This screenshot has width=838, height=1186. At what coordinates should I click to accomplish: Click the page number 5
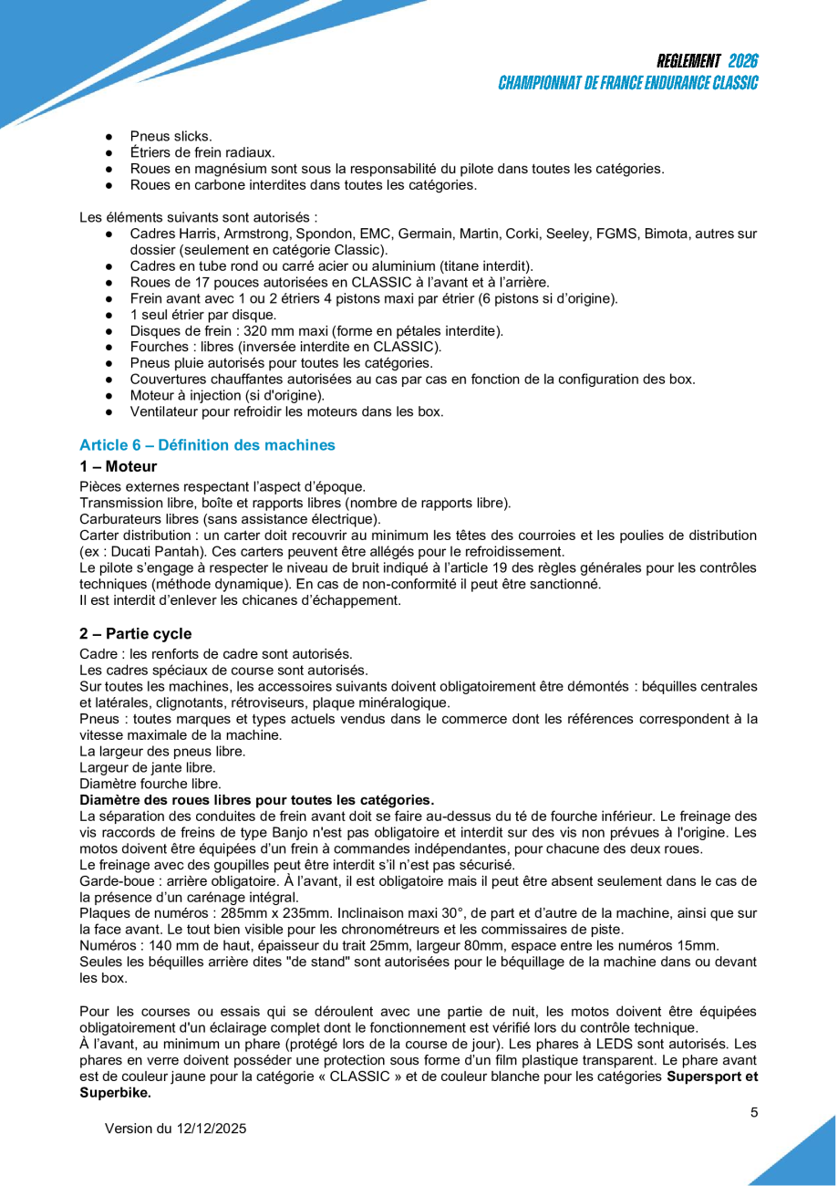754,1112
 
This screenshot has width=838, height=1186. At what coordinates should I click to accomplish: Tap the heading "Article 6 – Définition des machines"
207,445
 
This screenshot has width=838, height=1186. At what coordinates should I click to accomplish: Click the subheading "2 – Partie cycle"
135,633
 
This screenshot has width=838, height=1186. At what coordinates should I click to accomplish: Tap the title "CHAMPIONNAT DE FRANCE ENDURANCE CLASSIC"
628,83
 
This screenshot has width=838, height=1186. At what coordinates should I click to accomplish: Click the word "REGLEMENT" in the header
688,61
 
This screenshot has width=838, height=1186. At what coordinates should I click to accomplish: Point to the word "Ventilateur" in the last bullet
164,411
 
